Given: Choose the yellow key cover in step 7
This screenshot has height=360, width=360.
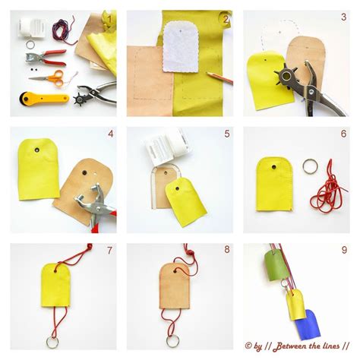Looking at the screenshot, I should coord(60,286).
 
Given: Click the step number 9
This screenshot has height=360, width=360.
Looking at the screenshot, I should coord(343,251).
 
